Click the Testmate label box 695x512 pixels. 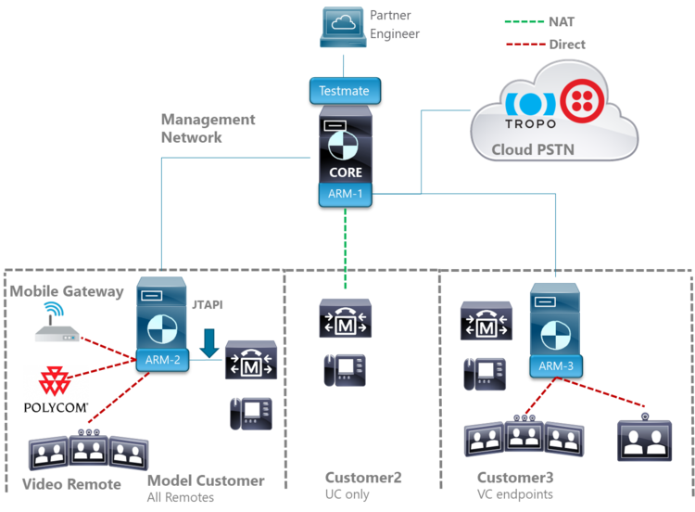[x=344, y=91]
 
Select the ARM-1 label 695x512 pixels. [x=346, y=194]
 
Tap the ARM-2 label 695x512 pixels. [x=163, y=360]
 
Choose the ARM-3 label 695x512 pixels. [x=557, y=366]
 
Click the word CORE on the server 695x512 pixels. [x=346, y=173]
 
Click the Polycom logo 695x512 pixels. [x=57, y=391]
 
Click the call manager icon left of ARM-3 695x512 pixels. [x=485, y=324]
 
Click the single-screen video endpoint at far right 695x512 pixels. [x=646, y=438]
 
